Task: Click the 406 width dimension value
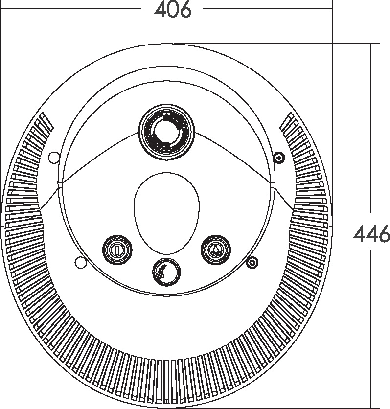click(x=173, y=10)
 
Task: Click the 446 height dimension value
click(x=372, y=234)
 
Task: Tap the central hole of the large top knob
click(x=166, y=132)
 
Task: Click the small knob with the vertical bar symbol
click(x=117, y=250)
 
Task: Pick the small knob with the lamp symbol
click(x=216, y=250)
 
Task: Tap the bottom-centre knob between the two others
click(x=166, y=272)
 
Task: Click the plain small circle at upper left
click(x=54, y=158)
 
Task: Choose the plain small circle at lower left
click(x=80, y=262)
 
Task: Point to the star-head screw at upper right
click(x=278, y=158)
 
